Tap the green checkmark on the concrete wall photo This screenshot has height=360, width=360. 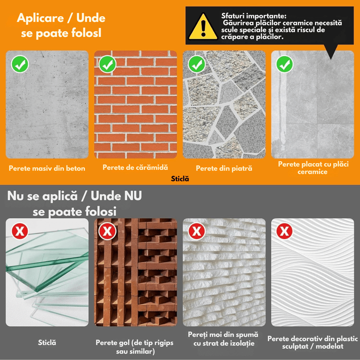coord(19,64)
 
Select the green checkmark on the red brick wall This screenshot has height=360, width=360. coord(108,64)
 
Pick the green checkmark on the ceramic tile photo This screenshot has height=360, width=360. coord(284,64)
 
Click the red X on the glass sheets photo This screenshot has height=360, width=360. coord(19,232)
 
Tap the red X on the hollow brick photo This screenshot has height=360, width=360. coord(108,232)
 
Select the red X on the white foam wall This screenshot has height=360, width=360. coord(196,232)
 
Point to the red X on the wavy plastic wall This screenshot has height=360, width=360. coord(284,232)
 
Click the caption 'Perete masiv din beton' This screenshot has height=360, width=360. coord(47,169)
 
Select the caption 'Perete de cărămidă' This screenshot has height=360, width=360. coord(135,167)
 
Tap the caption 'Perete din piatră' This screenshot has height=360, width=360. coord(224,168)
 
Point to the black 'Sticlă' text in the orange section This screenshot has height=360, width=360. coord(180,179)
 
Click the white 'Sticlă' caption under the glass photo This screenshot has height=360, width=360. coord(47,342)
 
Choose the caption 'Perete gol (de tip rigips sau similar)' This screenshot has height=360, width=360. coord(135,346)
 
